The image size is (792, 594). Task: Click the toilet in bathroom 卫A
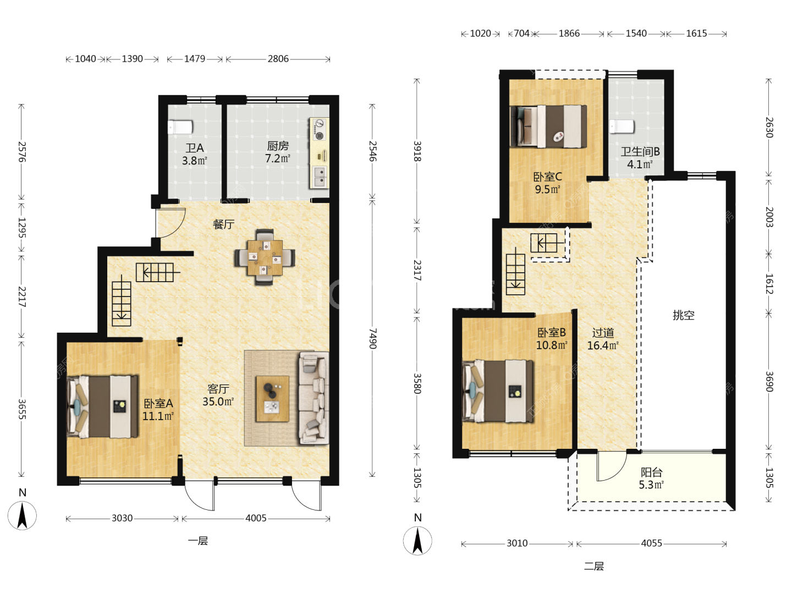[180, 127]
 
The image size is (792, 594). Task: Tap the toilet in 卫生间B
[621, 127]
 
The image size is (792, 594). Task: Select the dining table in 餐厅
[265, 257]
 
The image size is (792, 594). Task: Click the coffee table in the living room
[272, 399]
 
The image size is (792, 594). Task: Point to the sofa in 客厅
[313, 398]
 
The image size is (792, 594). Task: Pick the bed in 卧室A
[103, 407]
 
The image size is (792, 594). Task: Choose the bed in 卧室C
[548, 127]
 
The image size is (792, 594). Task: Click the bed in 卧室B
[498, 391]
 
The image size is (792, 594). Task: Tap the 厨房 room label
[278, 146]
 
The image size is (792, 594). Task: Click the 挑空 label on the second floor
[684, 315]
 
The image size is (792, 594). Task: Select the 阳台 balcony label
[651, 472]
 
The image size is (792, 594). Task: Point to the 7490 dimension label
[373, 339]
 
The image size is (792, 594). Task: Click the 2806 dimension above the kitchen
[278, 59]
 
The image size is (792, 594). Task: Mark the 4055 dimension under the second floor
[651, 543]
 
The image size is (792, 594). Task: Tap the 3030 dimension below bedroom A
[122, 518]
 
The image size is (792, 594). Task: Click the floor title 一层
[198, 541]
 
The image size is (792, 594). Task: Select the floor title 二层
[593, 566]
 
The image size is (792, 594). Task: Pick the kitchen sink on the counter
[320, 177]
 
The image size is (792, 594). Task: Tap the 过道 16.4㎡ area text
[603, 339]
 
